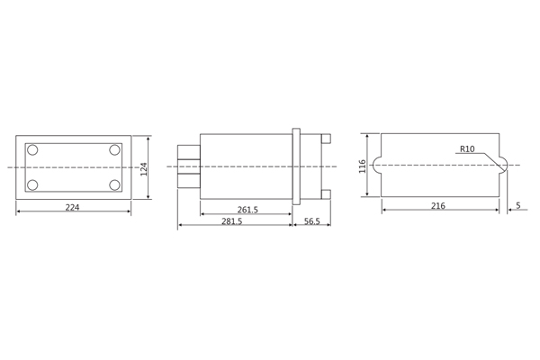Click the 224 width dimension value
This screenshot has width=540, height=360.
coord(72,207)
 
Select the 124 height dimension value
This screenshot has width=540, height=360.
coord(144,169)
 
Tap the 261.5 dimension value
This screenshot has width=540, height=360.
coord(247,210)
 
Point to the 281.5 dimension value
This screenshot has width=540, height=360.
coord(232,220)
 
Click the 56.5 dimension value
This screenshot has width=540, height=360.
coord(312,220)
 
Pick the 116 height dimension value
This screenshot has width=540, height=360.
coord(363,166)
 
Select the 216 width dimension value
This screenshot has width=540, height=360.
coord(438,206)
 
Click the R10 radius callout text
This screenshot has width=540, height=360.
coord(467,148)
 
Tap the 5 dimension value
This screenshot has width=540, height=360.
coord(518,205)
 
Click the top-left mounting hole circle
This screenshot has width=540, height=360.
coord(32,150)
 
